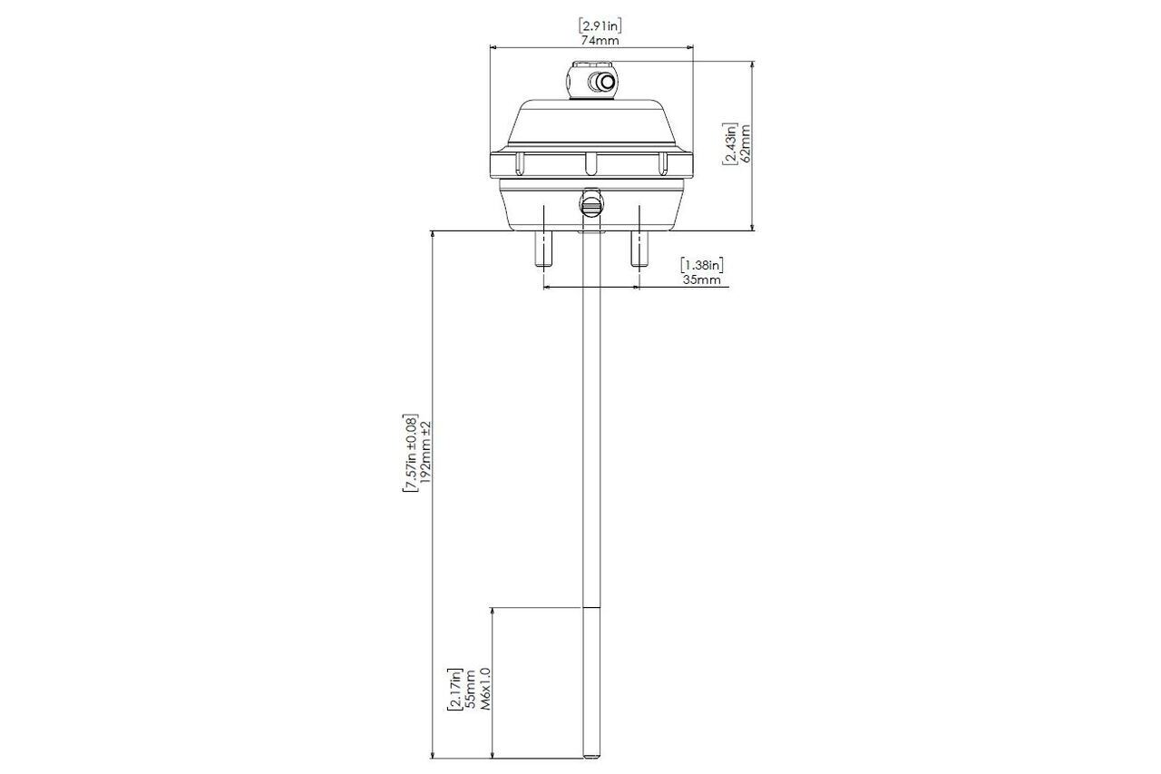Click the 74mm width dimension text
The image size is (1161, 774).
[592, 42]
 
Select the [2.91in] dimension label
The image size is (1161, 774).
[592, 26]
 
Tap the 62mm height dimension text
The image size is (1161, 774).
[747, 143]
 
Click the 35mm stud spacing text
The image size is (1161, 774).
[702, 280]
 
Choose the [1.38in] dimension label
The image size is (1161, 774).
[702, 265]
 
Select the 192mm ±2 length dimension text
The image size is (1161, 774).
[425, 451]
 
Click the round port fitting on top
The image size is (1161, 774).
[600, 83]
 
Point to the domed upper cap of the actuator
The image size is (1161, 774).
[591, 122]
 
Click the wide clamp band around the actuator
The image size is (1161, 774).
[591, 164]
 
